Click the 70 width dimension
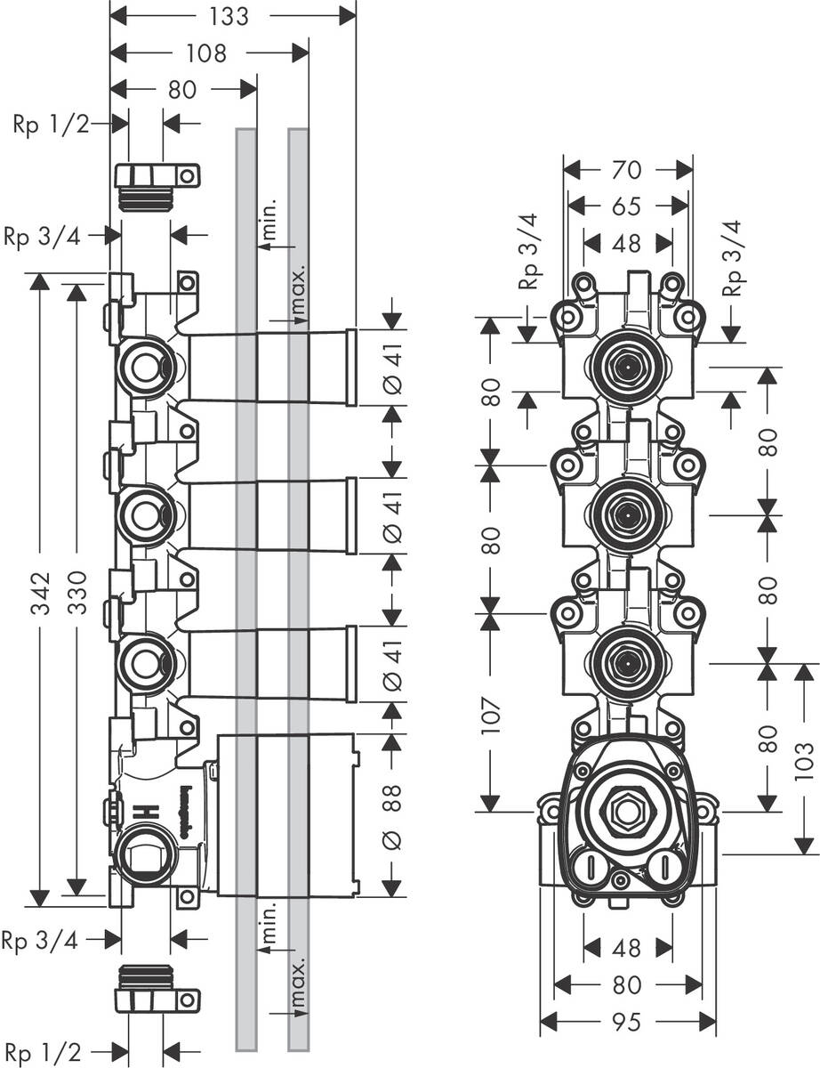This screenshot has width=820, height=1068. pos(627,169)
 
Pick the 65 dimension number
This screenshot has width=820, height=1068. pos(627,206)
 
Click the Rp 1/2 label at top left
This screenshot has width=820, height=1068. pos(51,125)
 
